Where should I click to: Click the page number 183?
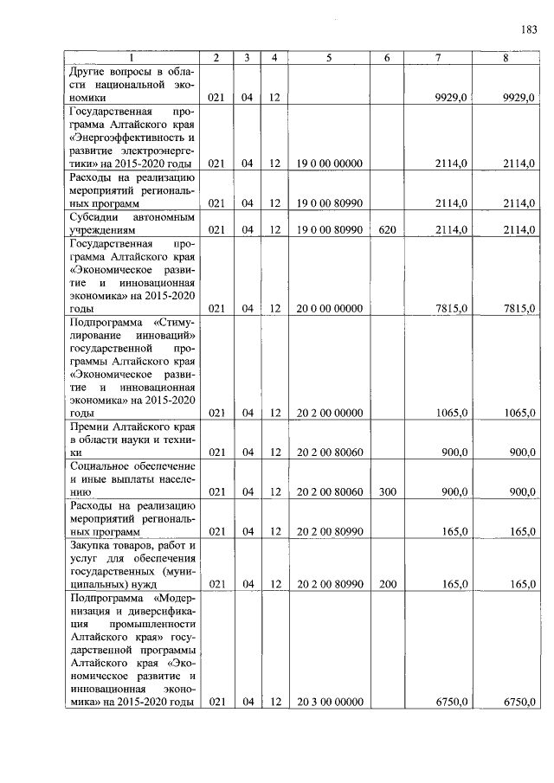pos(529,29)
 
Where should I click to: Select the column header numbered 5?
pos(329,57)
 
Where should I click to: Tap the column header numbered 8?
pos(506,57)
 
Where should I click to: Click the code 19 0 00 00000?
pos(329,163)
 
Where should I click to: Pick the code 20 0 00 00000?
pos(329,308)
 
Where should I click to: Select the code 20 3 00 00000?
pos(329,702)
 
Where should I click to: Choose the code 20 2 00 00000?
pos(329,414)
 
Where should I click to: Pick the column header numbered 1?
pos(132,57)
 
